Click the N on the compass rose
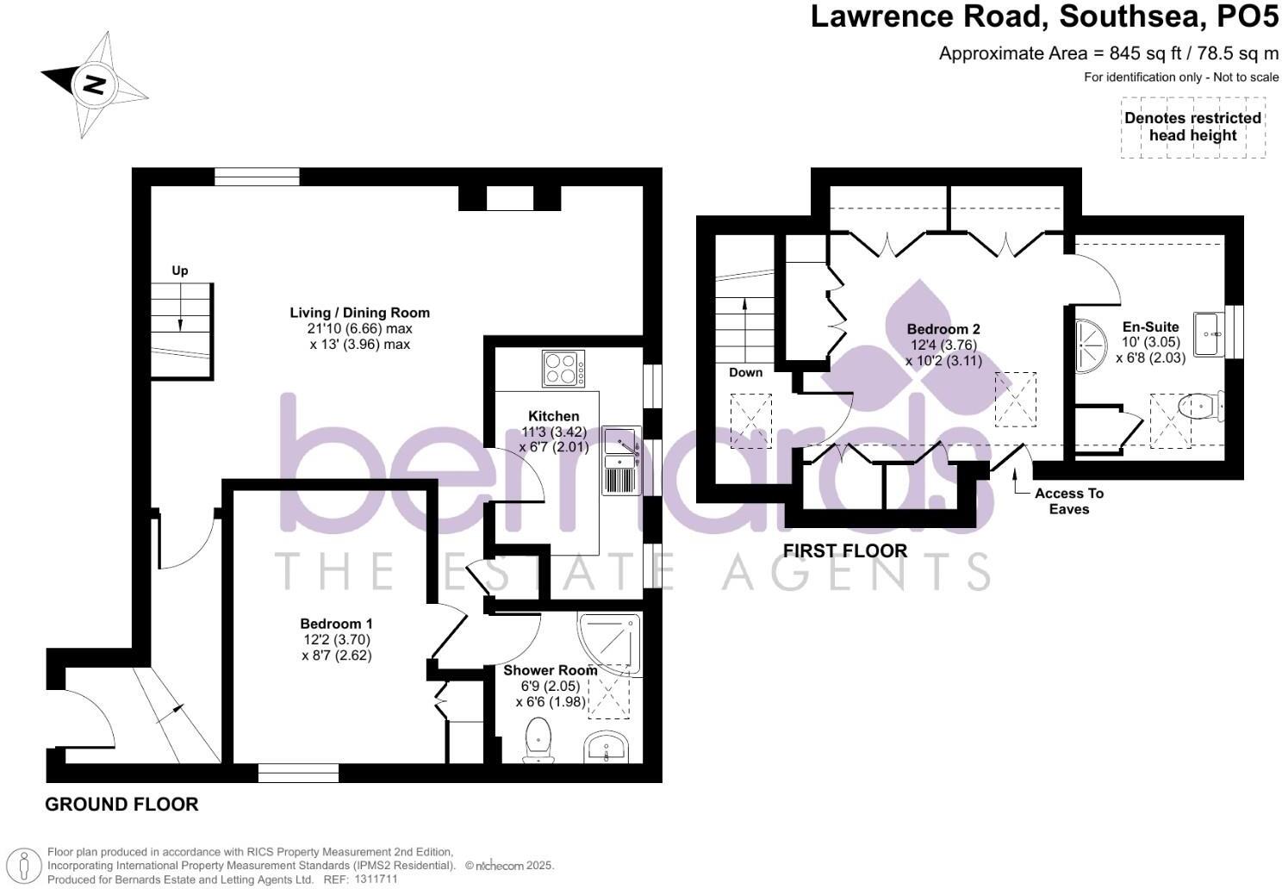coord(94,84)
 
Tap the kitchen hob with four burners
coord(563,369)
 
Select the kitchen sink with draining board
coord(621,461)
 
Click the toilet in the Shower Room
coord(538,740)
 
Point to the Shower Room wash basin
coord(606,748)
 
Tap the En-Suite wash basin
coord(1209,334)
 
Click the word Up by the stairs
coord(180,270)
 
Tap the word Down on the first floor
coord(746,372)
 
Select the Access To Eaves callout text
coord(1069,501)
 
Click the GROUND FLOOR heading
coord(121,805)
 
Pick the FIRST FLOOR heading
coord(844,551)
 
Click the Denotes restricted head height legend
coord(1192,127)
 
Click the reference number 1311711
coord(376,880)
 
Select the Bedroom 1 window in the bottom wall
coord(298,774)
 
